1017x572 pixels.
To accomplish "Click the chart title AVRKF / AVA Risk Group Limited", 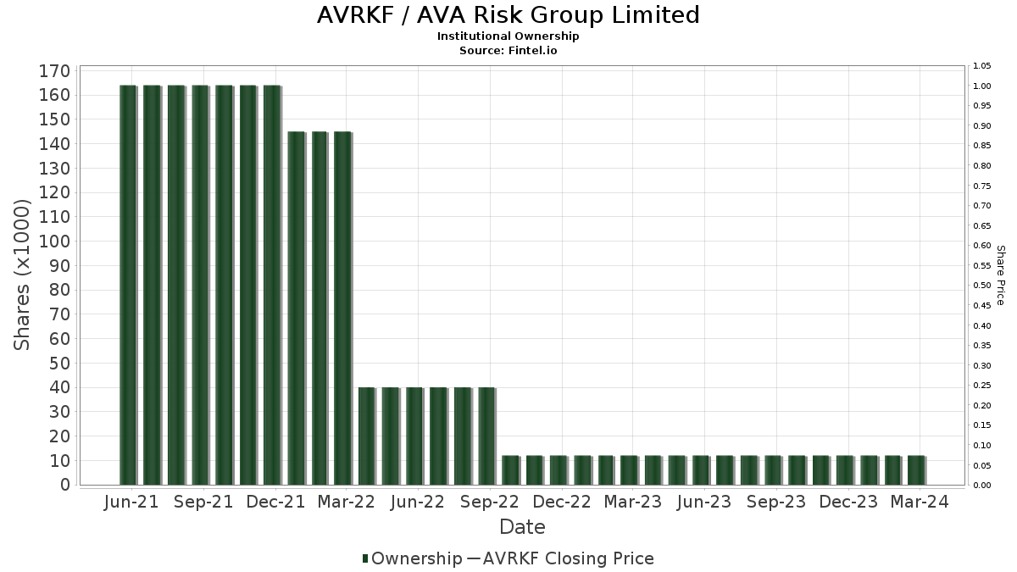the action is pyautogui.click(x=508, y=15).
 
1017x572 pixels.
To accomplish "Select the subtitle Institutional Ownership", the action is pyautogui.click(x=508, y=36).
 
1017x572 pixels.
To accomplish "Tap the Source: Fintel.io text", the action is pyautogui.click(x=508, y=50).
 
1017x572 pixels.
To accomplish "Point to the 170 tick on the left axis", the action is pyautogui.click(x=54, y=71).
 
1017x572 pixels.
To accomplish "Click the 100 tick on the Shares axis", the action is pyautogui.click(x=54, y=242).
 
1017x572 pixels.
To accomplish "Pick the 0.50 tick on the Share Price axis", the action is pyautogui.click(x=981, y=286).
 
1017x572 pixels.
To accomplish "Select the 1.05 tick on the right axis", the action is pyautogui.click(x=981, y=66).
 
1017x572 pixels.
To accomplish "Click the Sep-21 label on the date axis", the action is pyautogui.click(x=203, y=502).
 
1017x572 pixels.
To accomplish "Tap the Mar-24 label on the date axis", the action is pyautogui.click(x=920, y=502).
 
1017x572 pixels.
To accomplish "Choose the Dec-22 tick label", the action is pyautogui.click(x=562, y=502).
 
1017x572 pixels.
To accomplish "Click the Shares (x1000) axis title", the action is pyautogui.click(x=21, y=275).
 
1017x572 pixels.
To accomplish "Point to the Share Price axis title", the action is pyautogui.click(x=1001, y=275).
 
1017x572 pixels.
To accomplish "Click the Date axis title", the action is pyautogui.click(x=522, y=527).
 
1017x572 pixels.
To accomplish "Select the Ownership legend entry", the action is pyautogui.click(x=412, y=558).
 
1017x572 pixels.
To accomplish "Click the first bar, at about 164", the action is pyautogui.click(x=128, y=285).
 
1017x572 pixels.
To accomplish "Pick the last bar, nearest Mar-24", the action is pyautogui.click(x=917, y=470).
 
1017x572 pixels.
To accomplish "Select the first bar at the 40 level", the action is pyautogui.click(x=367, y=436).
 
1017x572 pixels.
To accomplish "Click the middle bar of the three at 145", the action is pyautogui.click(x=320, y=308).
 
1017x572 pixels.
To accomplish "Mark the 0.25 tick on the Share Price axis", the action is pyautogui.click(x=981, y=386).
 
